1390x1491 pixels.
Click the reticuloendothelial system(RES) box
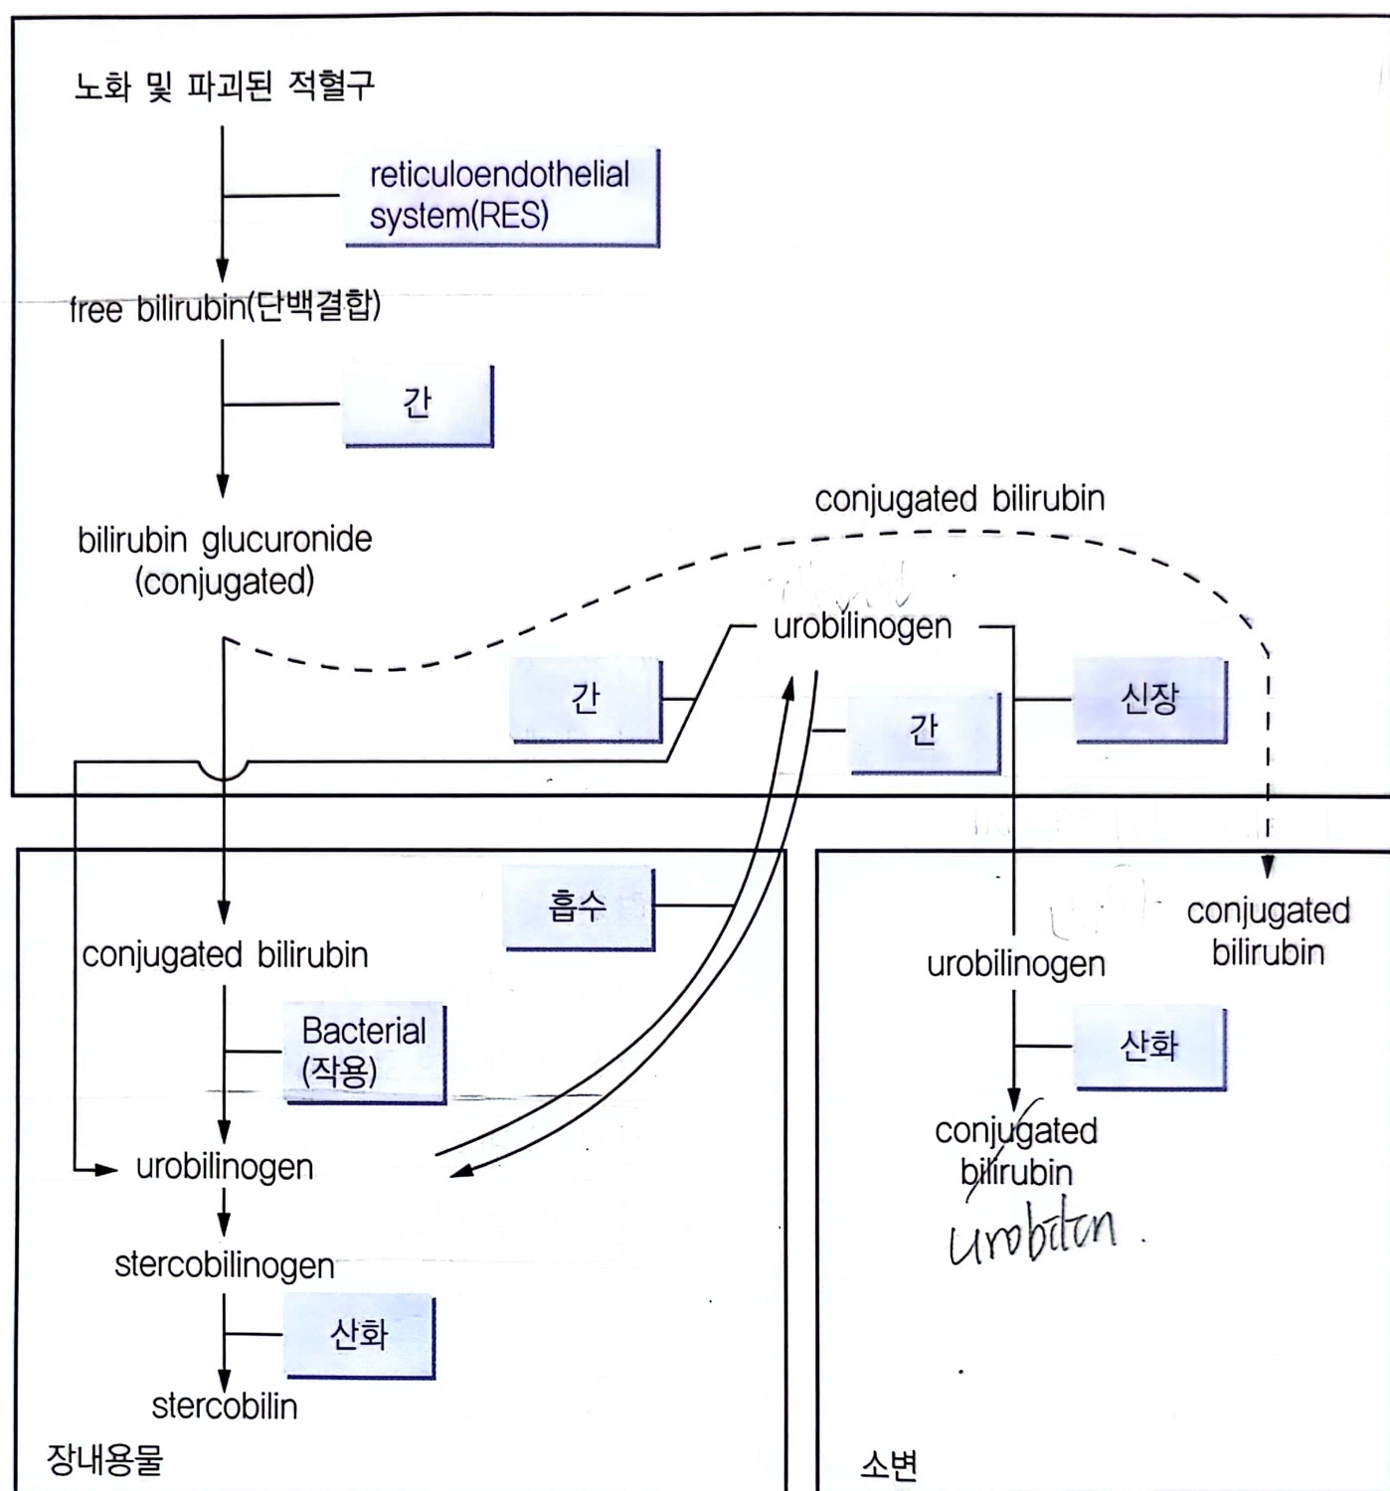tap(500, 196)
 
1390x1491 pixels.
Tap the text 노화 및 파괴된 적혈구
tap(225, 86)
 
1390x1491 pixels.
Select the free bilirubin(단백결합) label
tap(225, 307)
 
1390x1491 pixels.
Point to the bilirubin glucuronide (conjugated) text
tap(225, 560)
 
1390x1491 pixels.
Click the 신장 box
tap(1149, 700)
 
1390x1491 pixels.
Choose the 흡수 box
tap(578, 907)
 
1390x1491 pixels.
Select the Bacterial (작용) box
tap(364, 1052)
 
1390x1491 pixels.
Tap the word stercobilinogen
tap(225, 1265)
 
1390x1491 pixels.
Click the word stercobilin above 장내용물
tap(225, 1407)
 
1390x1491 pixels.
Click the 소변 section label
tap(889, 1464)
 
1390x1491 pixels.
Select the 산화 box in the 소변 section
tap(1149, 1047)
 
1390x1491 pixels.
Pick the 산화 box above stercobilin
tap(359, 1334)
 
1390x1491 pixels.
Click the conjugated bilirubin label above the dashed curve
tap(959, 499)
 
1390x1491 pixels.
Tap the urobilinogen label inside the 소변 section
tap(1015, 964)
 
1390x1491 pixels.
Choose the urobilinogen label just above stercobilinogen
tap(225, 1167)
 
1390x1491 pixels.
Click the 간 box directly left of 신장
tap(924, 731)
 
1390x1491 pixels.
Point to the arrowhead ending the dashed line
tap(1268, 868)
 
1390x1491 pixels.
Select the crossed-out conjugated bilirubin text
tap(1015, 1151)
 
